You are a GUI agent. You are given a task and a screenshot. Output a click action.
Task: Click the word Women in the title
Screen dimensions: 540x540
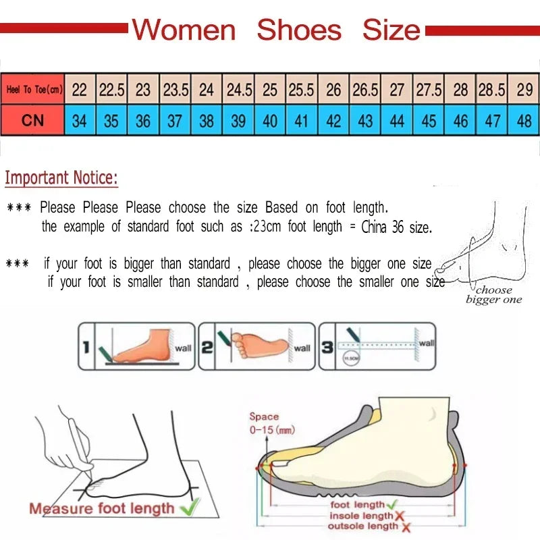click(183, 30)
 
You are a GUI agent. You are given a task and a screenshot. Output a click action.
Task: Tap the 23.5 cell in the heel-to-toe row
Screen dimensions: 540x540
click(175, 90)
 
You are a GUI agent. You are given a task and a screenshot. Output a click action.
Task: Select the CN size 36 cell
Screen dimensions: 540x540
click(143, 121)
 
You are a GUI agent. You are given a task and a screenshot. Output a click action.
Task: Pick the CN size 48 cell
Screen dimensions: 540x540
click(524, 121)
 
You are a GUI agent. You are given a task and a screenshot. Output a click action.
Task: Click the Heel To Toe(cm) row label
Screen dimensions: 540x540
click(33, 90)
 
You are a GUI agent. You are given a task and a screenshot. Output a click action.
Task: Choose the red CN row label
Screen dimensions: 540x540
click(33, 121)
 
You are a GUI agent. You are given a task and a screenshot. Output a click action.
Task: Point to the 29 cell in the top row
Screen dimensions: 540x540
click(524, 90)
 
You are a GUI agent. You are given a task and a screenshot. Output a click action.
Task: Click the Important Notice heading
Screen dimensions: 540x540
click(61, 178)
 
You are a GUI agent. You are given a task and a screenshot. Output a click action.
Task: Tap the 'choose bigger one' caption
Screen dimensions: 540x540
click(494, 295)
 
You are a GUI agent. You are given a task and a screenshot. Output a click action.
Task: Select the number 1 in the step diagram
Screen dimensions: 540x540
click(86, 347)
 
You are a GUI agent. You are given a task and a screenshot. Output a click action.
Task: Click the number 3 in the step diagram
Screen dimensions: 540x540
click(327, 347)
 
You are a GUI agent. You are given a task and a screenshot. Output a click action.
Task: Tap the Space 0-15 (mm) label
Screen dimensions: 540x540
click(271, 423)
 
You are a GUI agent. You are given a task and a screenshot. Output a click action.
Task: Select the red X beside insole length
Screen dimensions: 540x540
click(399, 516)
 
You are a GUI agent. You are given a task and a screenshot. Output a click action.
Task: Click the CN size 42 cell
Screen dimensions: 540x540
click(333, 121)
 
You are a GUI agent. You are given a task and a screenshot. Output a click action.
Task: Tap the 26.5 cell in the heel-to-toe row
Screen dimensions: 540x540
click(365, 90)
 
